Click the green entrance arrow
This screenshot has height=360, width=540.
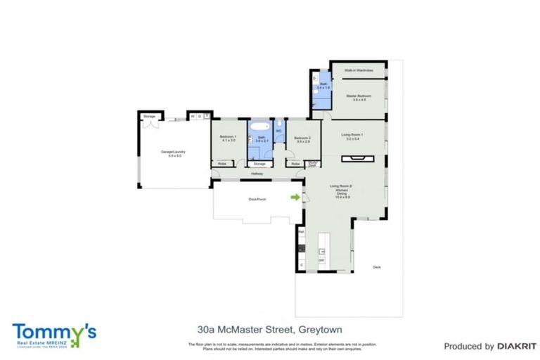[x=296, y=198]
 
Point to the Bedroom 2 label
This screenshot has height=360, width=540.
[x=302, y=138]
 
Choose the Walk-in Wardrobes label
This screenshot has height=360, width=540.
[x=358, y=71]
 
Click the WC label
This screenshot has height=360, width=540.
[x=278, y=131]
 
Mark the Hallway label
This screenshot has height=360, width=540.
[x=257, y=174]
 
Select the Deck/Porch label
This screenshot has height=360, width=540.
[x=257, y=200]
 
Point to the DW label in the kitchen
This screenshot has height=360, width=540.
[x=321, y=261]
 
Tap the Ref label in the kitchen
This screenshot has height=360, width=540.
[x=301, y=231]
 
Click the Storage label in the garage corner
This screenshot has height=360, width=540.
[x=149, y=116]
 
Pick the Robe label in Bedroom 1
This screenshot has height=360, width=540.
[x=221, y=164]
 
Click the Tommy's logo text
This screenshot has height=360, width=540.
[x=54, y=331]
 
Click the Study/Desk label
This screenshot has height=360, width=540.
[x=312, y=164]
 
